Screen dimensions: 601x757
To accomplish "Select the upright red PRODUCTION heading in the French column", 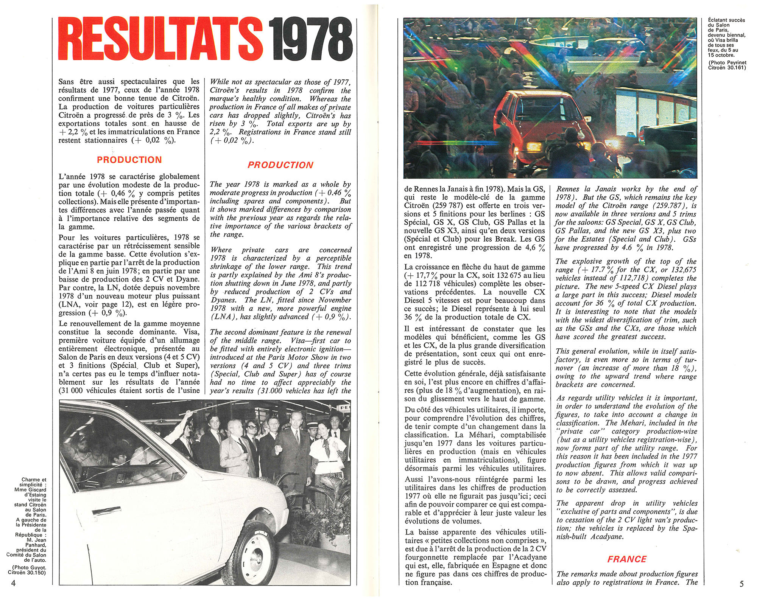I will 129,160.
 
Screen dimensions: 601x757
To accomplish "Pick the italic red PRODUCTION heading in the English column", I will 280,165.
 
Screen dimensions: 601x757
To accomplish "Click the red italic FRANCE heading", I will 627,559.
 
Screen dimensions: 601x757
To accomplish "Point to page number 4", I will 13,583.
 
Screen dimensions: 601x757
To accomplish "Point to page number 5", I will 741,584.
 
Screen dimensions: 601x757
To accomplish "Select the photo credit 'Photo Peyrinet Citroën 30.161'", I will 727,65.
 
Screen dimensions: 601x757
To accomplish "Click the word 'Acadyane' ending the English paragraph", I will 607,537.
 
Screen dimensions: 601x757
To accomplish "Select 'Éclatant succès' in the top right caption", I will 726,20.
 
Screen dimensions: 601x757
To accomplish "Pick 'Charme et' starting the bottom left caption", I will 34,480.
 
